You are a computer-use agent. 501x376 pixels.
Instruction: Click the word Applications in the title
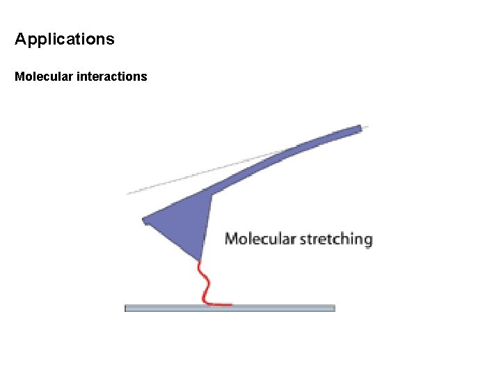pyautogui.click(x=64, y=39)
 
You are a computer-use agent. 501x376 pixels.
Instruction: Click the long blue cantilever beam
pyautogui.click(x=278, y=159)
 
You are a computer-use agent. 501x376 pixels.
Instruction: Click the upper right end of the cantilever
pyautogui.click(x=359, y=128)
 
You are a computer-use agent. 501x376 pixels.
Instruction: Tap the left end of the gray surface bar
pyautogui.click(x=127, y=308)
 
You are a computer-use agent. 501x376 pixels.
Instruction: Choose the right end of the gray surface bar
pyautogui.click(x=333, y=308)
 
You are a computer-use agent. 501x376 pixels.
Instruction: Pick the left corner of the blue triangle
pyautogui.click(x=145, y=221)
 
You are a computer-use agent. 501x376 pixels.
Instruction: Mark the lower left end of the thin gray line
pyautogui.click(x=128, y=193)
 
